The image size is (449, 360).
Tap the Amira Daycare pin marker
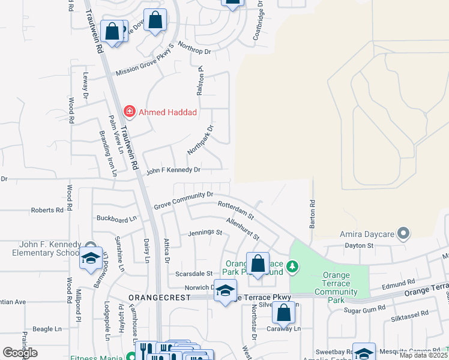404,232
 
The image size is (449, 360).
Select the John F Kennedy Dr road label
172,170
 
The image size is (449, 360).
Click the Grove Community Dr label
184,200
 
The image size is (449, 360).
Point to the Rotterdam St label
236,209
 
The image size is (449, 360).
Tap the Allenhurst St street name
243,229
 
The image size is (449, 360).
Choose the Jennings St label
205,232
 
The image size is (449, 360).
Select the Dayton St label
359,245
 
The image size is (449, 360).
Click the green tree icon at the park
292,266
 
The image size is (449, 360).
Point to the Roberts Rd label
47,211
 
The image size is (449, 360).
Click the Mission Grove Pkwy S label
145,62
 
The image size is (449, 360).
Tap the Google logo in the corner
19,353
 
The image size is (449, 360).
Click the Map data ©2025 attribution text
423,355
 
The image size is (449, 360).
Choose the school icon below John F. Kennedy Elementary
90,259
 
